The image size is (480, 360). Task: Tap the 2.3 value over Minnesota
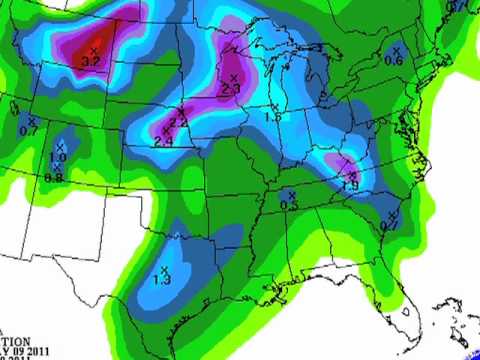coord(232,89)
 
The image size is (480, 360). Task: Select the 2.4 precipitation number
coord(164,141)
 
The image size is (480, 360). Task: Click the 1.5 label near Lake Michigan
coord(272,117)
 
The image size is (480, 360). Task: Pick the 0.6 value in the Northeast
coord(394,61)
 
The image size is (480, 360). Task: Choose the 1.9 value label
coord(350,184)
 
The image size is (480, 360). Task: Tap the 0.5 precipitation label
coord(289,205)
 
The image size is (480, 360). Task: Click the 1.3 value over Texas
coord(162,280)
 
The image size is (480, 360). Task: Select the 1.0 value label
coord(58,157)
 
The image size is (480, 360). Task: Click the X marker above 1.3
coord(164,269)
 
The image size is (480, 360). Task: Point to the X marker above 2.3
coord(234,77)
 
